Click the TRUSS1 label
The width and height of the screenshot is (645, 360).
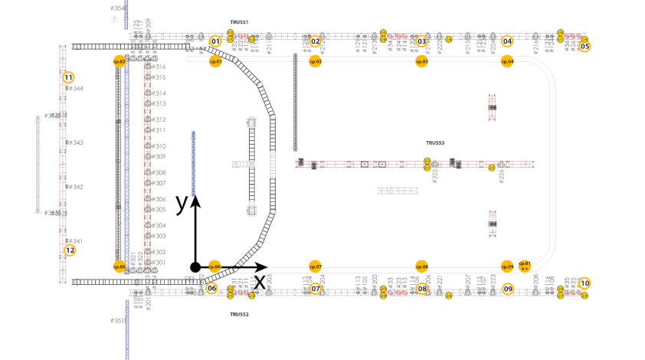click(239, 23)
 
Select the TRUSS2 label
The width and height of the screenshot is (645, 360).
click(239, 314)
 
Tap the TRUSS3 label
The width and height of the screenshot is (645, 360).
click(435, 143)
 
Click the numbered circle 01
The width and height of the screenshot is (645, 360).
click(216, 41)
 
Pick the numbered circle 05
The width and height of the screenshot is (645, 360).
click(584, 46)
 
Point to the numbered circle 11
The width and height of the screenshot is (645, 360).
click(68, 77)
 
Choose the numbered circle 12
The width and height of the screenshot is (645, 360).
click(70, 250)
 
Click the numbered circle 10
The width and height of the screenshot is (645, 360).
click(584, 283)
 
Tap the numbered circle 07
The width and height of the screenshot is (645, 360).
click(315, 289)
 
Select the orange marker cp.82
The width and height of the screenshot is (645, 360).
click(119, 61)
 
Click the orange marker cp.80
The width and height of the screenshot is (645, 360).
click(119, 267)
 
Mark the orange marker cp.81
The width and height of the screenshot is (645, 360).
click(525, 265)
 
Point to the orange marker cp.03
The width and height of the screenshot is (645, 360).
click(421, 61)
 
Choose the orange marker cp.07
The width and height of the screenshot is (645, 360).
click(315, 267)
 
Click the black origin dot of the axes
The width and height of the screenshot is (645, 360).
click(195, 267)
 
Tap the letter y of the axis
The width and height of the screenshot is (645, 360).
click(182, 203)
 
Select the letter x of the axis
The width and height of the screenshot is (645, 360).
click(260, 281)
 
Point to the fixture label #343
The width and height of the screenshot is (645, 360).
click(75, 143)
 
